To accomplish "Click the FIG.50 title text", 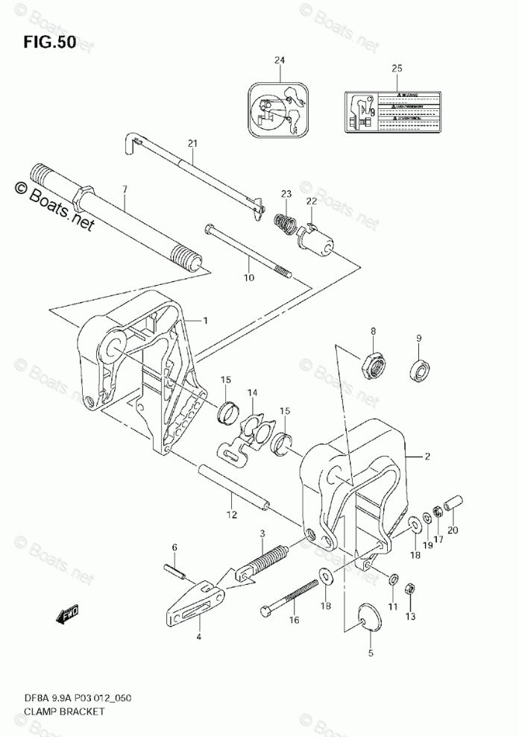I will click(x=49, y=42).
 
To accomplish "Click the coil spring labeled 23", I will click(x=284, y=222).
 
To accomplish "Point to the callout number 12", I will click(x=231, y=514).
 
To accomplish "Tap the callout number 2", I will click(x=428, y=456).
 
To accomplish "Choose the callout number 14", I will click(x=252, y=393).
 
